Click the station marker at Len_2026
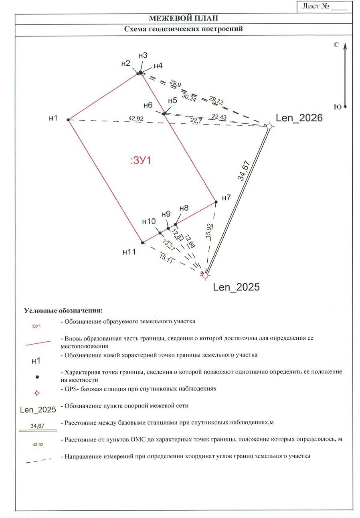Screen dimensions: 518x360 (x=269, y=126)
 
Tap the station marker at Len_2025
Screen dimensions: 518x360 (x=205, y=275)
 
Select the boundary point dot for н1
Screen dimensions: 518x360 (x=68, y=120)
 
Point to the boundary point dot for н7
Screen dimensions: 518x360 (x=216, y=202)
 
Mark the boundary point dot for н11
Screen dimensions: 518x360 (x=142, y=242)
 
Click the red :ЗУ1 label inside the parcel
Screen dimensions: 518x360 (x=141, y=161)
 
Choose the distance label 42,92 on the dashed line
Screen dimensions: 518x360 (x=136, y=118)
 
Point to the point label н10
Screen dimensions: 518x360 (x=149, y=222)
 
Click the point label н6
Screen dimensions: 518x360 (x=148, y=105)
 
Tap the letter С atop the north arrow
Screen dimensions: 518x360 (x=337, y=44)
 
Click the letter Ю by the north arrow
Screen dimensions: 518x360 (x=337, y=107)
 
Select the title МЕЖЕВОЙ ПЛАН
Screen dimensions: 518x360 (x=183, y=18)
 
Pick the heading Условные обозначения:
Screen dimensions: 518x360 (x=63, y=310)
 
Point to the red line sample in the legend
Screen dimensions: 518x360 (x=38, y=343)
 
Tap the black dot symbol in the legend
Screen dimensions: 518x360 (x=37, y=377)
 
